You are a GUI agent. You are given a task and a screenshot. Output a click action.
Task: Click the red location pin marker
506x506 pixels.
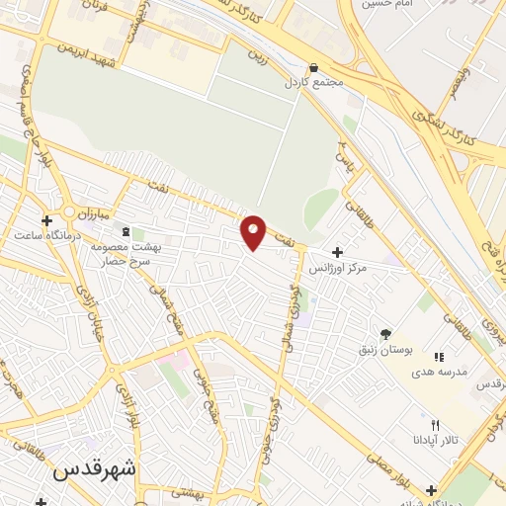tap(254, 231)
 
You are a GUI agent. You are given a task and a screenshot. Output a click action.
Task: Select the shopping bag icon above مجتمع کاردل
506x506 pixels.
tap(313, 67)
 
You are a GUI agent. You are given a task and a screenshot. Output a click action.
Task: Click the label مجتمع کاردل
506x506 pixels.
tap(315, 83)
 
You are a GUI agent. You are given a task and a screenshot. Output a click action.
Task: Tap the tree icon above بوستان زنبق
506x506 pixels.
tap(386, 333)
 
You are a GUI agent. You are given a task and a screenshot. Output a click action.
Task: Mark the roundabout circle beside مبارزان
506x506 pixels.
tap(69, 211)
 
